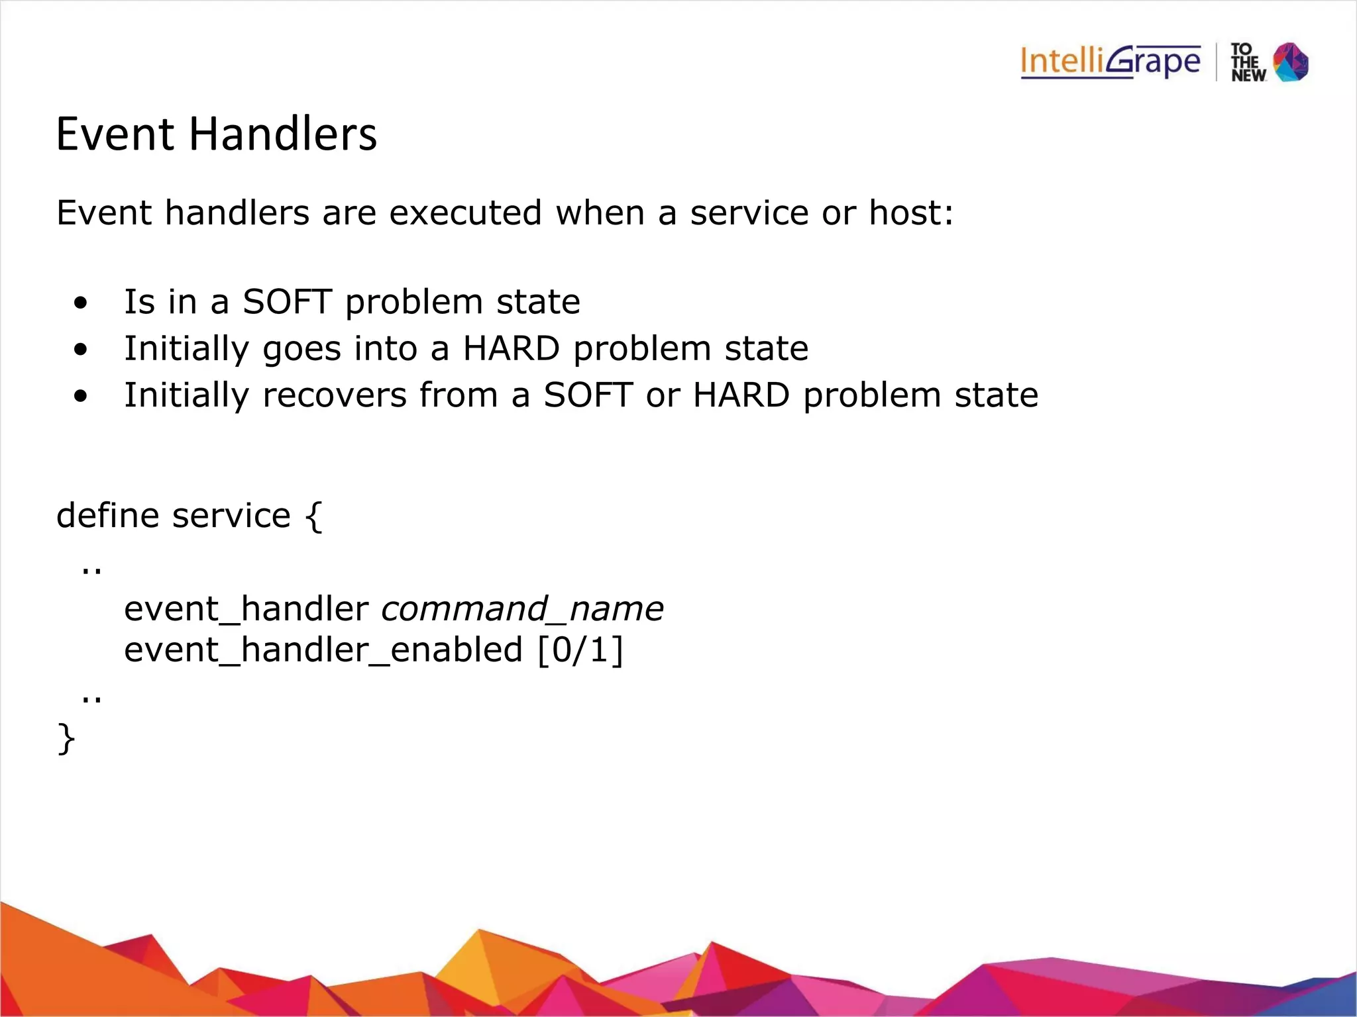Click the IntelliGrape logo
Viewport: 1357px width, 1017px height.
click(x=1110, y=62)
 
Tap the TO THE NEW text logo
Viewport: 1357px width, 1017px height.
click(x=1248, y=63)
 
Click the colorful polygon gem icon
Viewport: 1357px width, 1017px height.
click(x=1291, y=62)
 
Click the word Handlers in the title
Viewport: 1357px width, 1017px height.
click(x=283, y=134)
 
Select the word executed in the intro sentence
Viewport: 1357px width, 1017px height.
click(x=465, y=213)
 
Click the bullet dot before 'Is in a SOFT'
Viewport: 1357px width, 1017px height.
click(x=81, y=303)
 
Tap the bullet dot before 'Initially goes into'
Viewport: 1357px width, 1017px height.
click(x=81, y=350)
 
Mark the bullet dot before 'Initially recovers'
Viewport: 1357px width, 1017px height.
click(x=81, y=397)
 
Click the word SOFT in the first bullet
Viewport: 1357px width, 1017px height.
click(x=287, y=302)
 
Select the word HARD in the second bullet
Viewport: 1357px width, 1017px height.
click(x=511, y=348)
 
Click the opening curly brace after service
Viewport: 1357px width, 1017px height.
click(x=313, y=516)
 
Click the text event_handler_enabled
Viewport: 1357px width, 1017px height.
click(x=323, y=650)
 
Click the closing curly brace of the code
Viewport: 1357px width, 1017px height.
click(x=66, y=738)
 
